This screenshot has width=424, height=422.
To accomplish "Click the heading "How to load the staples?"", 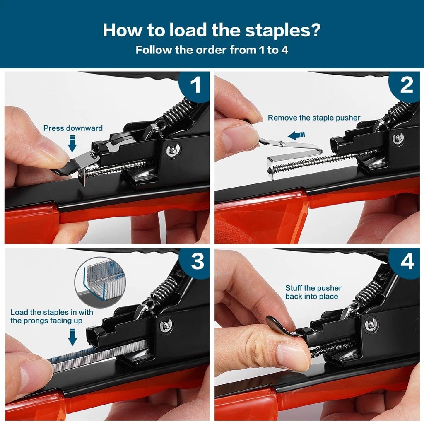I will pyautogui.click(x=212, y=30).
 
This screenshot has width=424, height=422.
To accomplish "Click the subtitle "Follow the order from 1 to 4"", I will pyautogui.click(x=212, y=50).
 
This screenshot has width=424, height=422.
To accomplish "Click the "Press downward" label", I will pyautogui.click(x=73, y=128).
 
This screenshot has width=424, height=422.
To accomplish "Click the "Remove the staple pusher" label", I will pyautogui.click(x=314, y=118).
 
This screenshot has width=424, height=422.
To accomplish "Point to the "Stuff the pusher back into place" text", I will pyautogui.click(x=313, y=292).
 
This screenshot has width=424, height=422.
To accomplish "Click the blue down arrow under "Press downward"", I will pyautogui.click(x=73, y=145).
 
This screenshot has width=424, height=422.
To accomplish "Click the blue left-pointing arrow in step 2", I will pyautogui.click(x=296, y=135).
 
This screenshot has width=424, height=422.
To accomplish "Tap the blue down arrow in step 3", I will pyautogui.click(x=72, y=337).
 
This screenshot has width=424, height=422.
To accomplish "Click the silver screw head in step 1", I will pyautogui.click(x=173, y=150).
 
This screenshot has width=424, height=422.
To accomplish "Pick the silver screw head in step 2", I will pyautogui.click(x=398, y=138).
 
